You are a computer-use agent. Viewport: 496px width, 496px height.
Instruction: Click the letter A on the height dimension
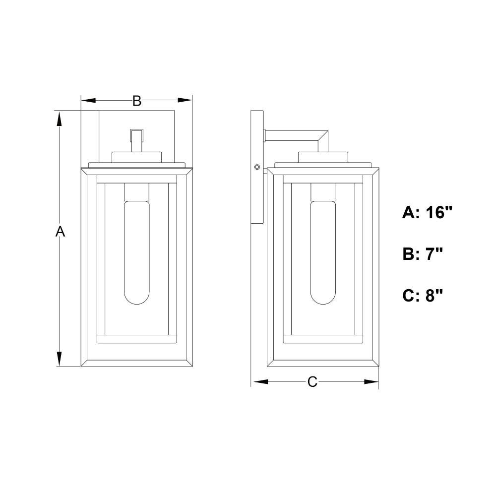coord(60,232)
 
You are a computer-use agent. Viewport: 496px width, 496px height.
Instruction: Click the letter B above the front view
coord(137,101)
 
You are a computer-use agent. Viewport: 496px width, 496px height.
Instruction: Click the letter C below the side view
coord(312,382)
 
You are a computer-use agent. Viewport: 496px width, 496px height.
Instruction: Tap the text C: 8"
coord(422,296)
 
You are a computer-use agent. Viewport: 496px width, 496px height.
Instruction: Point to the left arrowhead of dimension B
coord(89,101)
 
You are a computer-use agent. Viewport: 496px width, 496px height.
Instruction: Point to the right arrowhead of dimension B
coord(185,101)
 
